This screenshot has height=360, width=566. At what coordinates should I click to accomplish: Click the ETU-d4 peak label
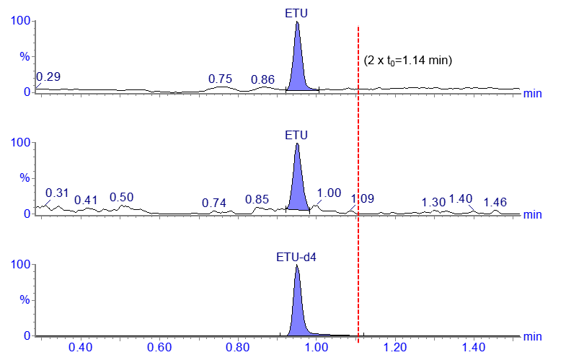[x=297, y=256]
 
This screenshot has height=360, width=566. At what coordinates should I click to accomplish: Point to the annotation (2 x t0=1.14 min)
[x=408, y=61]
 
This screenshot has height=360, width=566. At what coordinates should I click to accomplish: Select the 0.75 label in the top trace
[x=220, y=79]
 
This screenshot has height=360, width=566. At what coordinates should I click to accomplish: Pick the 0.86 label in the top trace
[x=263, y=79]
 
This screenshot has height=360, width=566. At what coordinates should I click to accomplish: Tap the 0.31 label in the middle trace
[x=57, y=193]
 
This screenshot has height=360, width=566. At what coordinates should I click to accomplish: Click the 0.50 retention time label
[x=121, y=198]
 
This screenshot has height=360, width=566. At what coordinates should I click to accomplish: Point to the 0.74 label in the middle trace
[x=214, y=203]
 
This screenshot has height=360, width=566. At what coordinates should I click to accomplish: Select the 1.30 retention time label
[x=433, y=202]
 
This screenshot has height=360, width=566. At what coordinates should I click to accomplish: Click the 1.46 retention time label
[x=495, y=202]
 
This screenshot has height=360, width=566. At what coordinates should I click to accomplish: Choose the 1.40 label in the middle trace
[x=461, y=198]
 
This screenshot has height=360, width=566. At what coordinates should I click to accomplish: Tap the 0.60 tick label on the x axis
[x=159, y=348]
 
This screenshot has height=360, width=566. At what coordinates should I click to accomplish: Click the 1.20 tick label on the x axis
[x=395, y=348]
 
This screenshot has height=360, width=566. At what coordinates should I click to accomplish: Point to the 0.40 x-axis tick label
[x=81, y=348]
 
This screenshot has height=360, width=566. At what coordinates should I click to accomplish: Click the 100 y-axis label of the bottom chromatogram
[x=19, y=265]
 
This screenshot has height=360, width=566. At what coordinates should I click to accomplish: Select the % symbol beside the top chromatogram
[x=24, y=56]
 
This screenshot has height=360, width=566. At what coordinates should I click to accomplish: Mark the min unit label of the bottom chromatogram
[x=532, y=336]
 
